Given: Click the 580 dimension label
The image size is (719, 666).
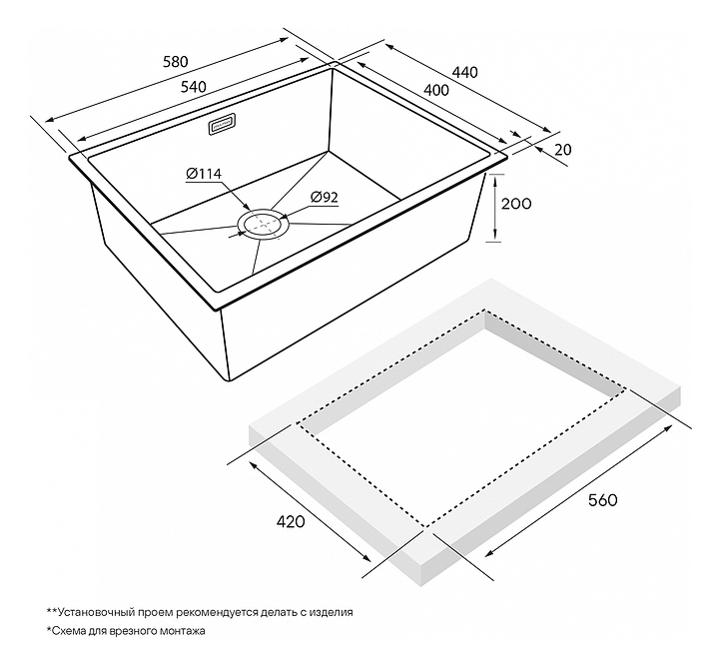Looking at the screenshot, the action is [176, 62].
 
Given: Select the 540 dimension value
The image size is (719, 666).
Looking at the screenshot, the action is [194, 87].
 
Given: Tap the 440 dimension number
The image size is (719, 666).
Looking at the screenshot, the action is [465, 72].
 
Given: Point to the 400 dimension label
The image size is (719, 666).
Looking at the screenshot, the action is [436, 90].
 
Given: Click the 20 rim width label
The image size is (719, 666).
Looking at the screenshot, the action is [563, 149].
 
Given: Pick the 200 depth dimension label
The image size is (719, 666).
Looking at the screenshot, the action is [516, 203].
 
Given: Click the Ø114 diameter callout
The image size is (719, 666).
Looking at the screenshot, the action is [204, 174].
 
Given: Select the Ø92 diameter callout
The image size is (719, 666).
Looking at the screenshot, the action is [324, 197].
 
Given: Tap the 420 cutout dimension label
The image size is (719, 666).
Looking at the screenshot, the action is [291, 521].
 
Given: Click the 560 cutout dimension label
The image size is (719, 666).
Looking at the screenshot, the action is [603, 499].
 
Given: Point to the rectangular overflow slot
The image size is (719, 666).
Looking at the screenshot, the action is [222, 124].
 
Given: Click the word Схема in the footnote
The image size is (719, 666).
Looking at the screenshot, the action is [67, 631].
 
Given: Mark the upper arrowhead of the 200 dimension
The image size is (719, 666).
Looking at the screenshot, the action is [494, 182].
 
